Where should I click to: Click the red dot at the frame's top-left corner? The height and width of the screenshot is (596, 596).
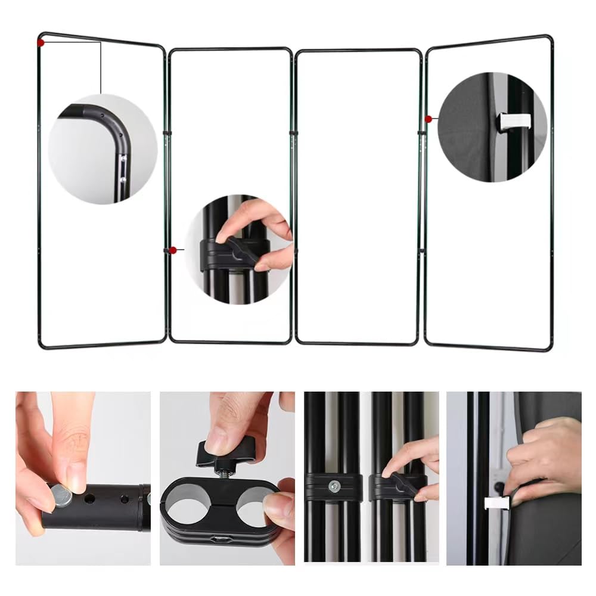[41, 42]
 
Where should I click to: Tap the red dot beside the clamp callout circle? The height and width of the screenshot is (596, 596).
[173, 250]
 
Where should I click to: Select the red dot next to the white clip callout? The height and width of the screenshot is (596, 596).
[429, 119]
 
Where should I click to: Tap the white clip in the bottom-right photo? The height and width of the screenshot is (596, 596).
[496, 502]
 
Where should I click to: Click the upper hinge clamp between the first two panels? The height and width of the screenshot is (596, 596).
[167, 132]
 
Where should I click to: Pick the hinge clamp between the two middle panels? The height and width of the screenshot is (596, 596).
[293, 132]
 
